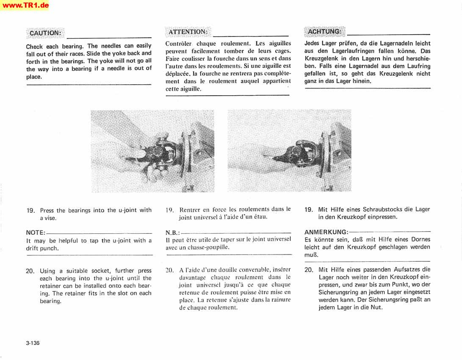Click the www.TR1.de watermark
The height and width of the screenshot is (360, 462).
25,6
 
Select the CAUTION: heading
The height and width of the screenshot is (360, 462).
45,33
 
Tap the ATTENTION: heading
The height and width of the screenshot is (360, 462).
188,32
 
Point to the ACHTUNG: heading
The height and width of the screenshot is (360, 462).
324,31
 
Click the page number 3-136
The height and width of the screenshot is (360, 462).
33,343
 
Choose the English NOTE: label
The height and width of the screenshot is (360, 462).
36,233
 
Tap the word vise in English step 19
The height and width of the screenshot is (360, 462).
51,218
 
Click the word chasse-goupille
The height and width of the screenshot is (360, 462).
208,247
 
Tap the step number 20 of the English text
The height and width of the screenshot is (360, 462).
30,271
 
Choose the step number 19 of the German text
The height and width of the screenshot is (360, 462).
309,209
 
